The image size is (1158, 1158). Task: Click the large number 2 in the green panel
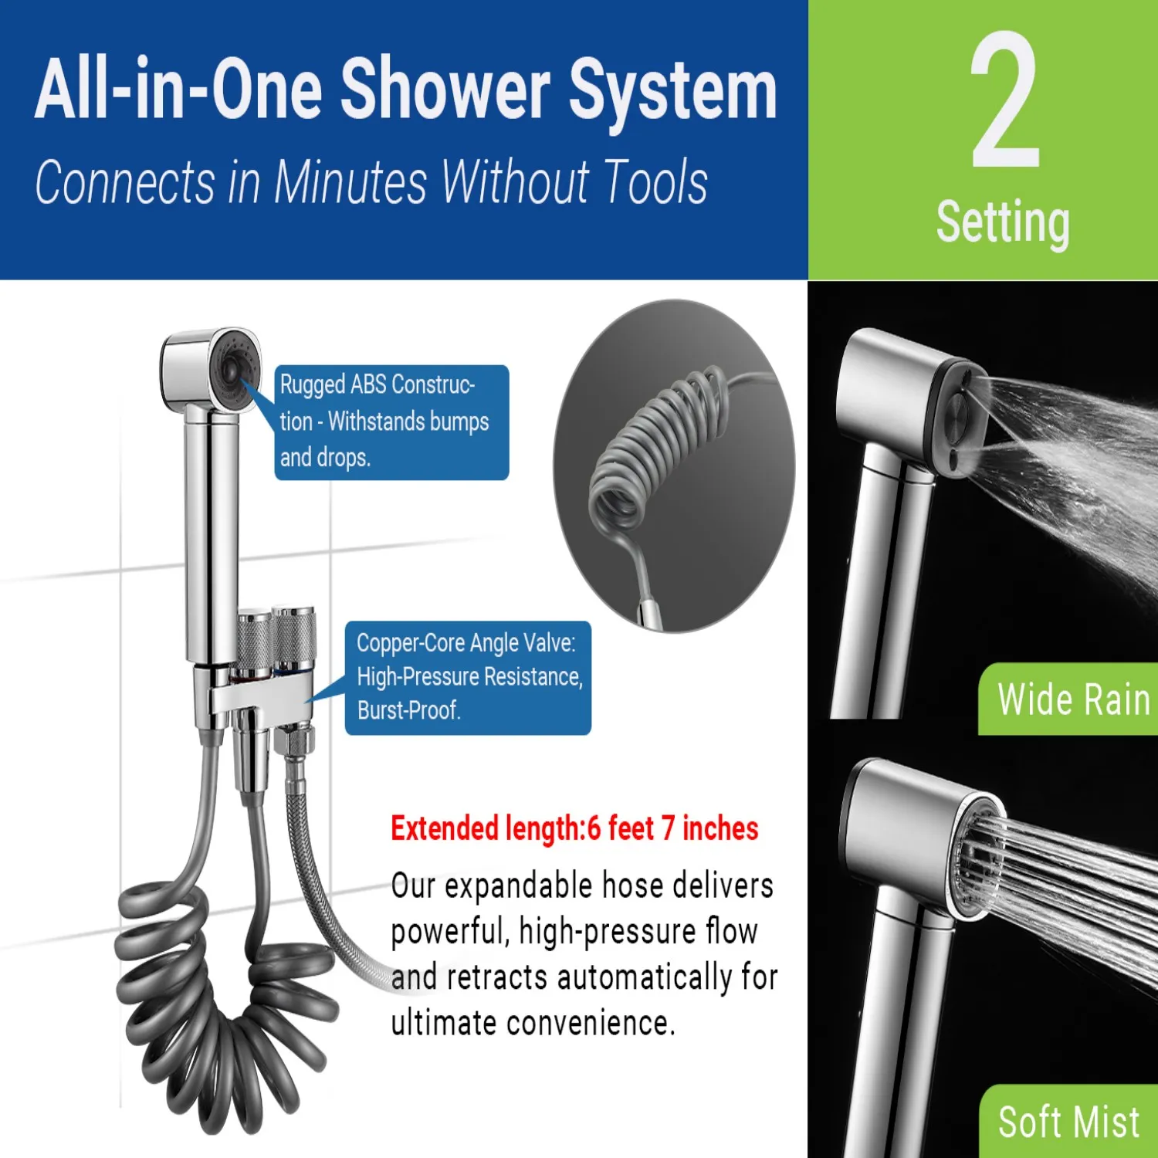click(1004, 100)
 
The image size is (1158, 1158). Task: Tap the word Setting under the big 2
click(1003, 222)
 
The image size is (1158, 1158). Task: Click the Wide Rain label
click(1074, 699)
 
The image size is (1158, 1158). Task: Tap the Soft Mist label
click(1069, 1122)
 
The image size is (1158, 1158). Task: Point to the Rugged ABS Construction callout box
click(391, 422)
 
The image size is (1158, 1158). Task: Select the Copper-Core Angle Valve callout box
click(468, 677)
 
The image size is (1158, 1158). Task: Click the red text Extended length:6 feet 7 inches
click(574, 828)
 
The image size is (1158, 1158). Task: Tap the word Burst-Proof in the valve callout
click(409, 710)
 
